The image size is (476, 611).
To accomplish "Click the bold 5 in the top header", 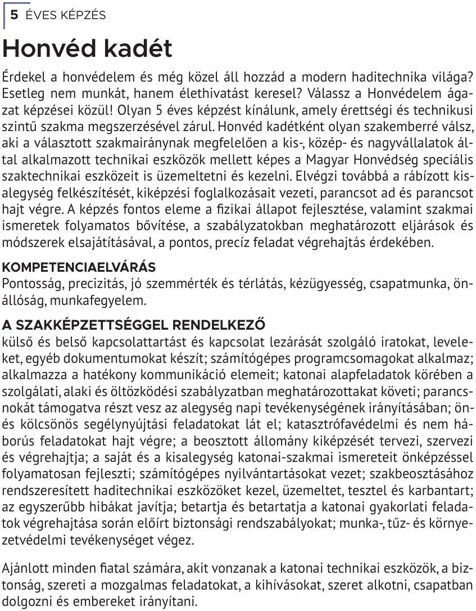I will [x=14, y=16].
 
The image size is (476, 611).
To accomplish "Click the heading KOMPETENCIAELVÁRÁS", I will [x=79, y=266].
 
